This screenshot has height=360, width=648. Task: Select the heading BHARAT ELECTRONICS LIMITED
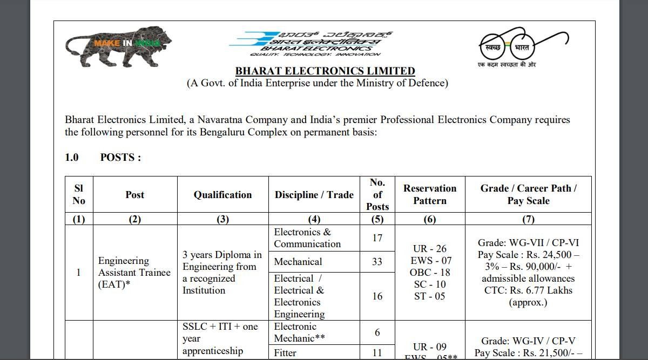(x=325, y=71)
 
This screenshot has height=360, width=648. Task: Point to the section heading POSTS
(x=120, y=158)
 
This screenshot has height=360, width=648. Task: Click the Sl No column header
(x=79, y=194)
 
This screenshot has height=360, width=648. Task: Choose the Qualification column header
(x=222, y=195)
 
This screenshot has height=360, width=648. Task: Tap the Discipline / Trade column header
(x=314, y=195)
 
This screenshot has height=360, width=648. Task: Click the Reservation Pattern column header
(x=430, y=194)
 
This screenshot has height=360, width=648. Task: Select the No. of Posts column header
(x=377, y=194)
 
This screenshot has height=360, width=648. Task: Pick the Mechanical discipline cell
(x=298, y=262)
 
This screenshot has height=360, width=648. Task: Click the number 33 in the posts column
(x=377, y=262)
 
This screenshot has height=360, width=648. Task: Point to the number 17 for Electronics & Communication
(x=377, y=237)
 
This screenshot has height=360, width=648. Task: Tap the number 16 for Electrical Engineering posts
(x=377, y=296)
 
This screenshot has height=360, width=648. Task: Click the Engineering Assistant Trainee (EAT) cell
(x=134, y=273)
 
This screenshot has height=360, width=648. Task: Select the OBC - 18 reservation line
(x=430, y=273)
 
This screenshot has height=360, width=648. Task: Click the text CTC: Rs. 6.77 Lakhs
(x=528, y=290)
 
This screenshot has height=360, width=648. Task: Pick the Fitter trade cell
(x=285, y=352)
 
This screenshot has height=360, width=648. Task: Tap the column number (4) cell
(x=314, y=219)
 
